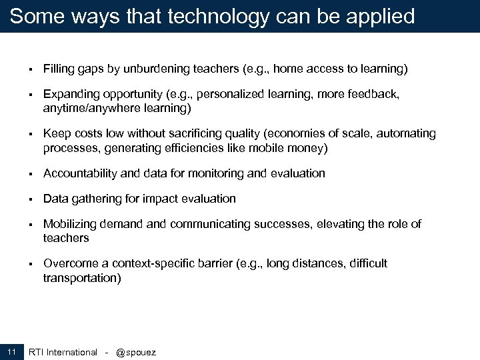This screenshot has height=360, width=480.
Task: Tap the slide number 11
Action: click(11, 351)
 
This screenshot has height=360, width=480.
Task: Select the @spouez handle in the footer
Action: click(136, 352)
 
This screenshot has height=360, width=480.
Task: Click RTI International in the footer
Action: click(63, 352)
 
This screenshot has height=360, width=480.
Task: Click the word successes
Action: click(283, 224)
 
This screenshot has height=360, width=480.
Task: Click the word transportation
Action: click(79, 278)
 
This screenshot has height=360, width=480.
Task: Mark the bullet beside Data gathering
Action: click(31, 199)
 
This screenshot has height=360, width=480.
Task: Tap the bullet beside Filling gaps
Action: click(31, 69)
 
